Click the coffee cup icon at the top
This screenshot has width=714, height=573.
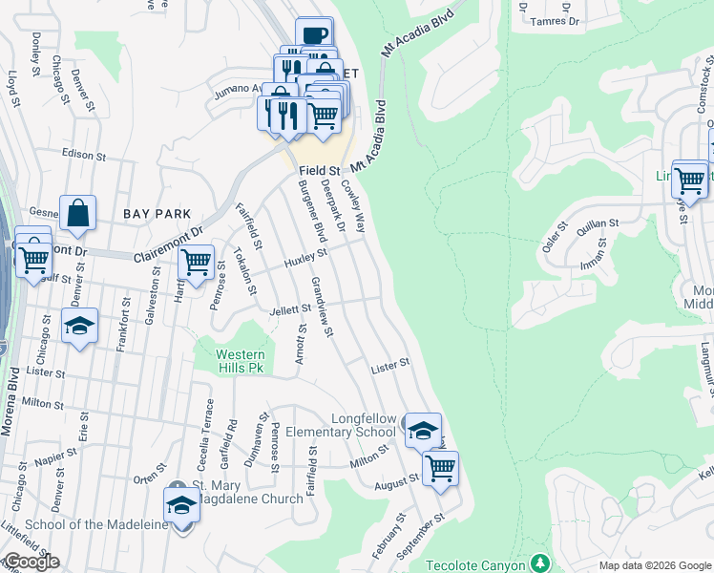click(314, 35)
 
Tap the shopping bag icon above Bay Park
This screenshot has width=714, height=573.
click(77, 214)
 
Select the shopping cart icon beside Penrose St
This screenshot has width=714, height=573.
click(196, 261)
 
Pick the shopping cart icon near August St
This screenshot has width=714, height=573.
click(440, 468)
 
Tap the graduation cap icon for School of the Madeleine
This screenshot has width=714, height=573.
click(180, 503)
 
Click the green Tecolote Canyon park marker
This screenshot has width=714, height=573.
click(540, 562)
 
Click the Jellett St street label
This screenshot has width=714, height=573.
click(292, 308)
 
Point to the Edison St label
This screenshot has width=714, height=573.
click(80, 153)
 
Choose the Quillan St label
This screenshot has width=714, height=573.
click(598, 223)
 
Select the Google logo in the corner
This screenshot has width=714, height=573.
click(31, 562)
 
